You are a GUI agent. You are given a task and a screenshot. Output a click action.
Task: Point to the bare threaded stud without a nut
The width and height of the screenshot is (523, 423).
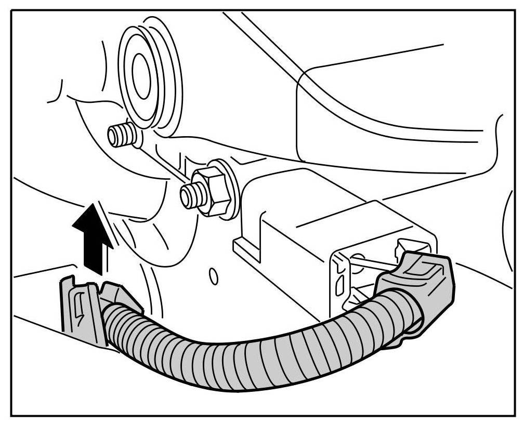[x=121, y=135]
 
